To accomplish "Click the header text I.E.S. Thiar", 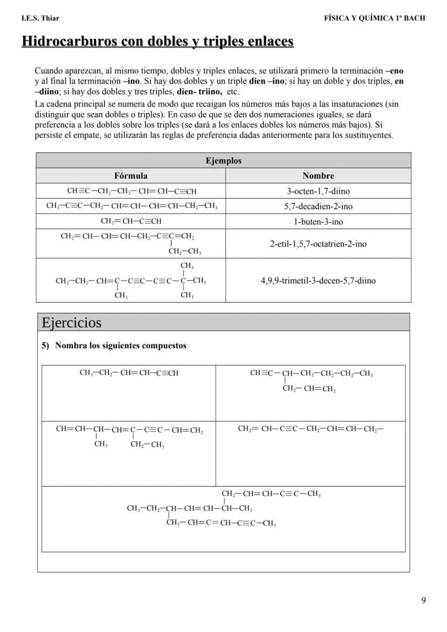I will [40, 18].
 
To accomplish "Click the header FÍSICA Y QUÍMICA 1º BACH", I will [374, 18].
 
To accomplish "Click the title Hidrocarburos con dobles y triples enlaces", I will [158, 42].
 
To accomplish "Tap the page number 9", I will [423, 601].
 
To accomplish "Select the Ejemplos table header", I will [223, 161].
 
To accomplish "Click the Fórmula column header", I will [131, 175].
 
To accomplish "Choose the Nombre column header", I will [318, 175].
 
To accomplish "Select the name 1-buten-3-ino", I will [318, 222].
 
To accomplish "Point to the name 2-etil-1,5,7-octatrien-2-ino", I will [318, 244].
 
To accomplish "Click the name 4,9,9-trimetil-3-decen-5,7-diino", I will [318, 281].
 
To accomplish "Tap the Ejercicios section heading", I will [71, 323].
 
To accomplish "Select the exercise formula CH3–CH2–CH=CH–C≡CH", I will [128, 373].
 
